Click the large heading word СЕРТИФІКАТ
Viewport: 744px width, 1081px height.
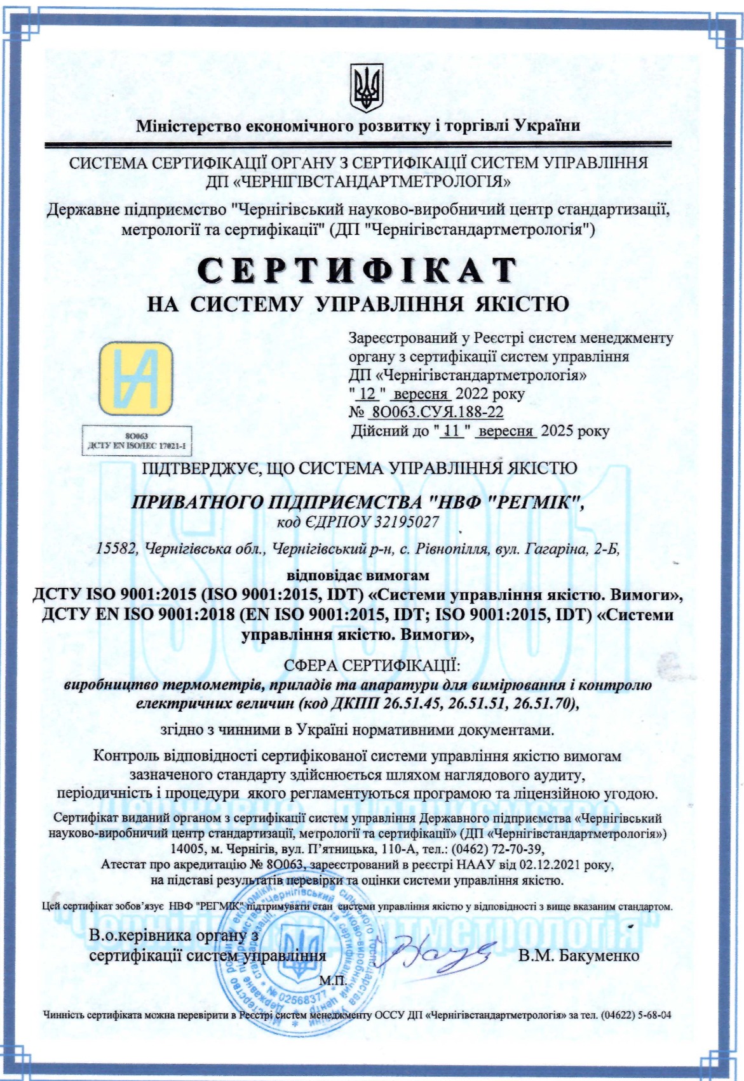pyautogui.click(x=357, y=270)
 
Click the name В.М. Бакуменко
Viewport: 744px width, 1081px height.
pyautogui.click(x=578, y=955)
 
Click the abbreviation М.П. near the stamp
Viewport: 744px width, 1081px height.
pyautogui.click(x=332, y=980)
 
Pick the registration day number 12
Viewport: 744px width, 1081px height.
pyautogui.click(x=367, y=394)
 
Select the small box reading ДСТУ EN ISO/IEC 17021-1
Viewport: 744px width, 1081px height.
pyautogui.click(x=137, y=446)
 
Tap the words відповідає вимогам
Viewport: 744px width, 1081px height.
pyautogui.click(x=358, y=576)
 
